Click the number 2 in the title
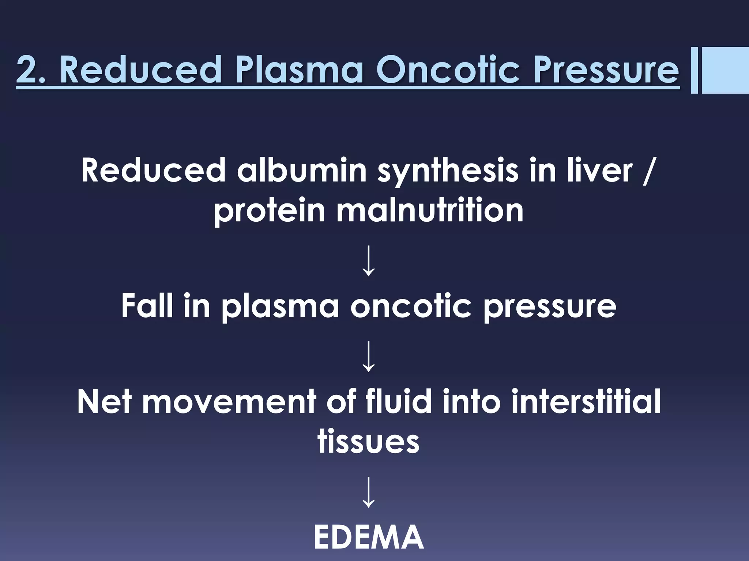click(28, 69)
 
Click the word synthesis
click(447, 171)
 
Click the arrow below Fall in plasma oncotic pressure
click(368, 356)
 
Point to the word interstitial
click(586, 401)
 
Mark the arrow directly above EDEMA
click(368, 492)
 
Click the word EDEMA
click(368, 537)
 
